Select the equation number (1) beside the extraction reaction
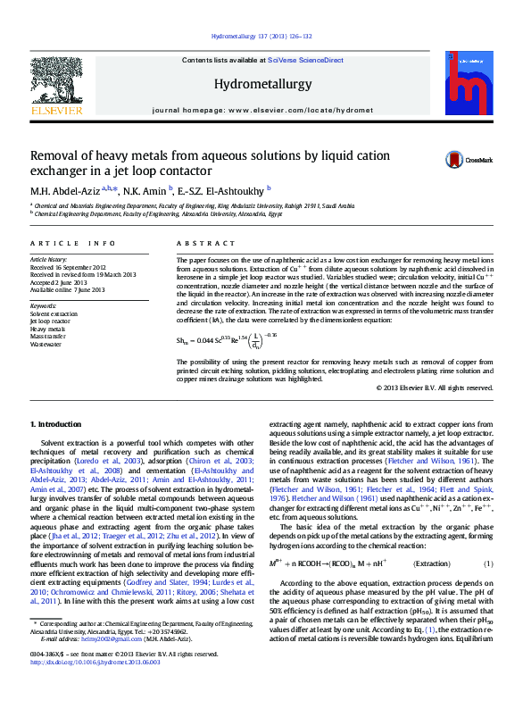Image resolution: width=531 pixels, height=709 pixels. (x=488, y=563)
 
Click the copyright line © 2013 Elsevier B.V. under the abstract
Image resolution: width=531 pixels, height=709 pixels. (x=434, y=388)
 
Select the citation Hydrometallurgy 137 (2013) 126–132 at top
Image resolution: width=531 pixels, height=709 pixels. (x=261, y=37)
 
